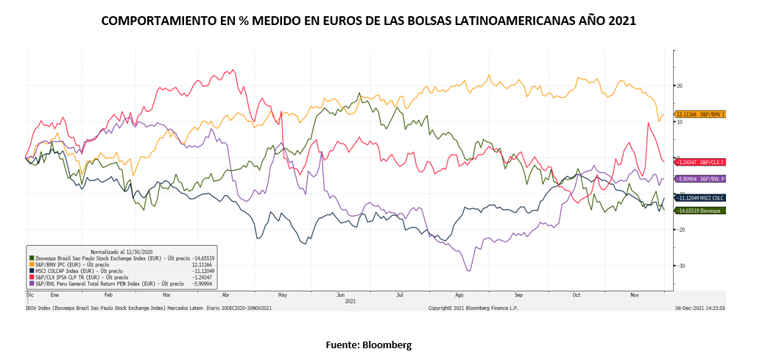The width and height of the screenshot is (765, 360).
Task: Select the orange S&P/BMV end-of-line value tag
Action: (x=699, y=114)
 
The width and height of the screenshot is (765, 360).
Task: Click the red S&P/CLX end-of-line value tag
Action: (x=699, y=161)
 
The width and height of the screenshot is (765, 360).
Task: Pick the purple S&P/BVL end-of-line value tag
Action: (x=699, y=179)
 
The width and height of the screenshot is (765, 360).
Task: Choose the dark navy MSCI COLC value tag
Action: (x=699, y=198)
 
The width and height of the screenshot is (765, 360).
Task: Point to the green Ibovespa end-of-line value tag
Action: (x=699, y=211)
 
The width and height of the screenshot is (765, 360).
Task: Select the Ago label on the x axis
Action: (x=459, y=294)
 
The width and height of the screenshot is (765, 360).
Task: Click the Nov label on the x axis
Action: (x=634, y=294)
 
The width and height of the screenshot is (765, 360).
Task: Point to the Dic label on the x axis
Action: (x=29, y=294)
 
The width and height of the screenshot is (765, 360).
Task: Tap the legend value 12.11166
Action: (x=203, y=265)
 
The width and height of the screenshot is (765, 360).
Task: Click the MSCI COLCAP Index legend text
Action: (x=59, y=271)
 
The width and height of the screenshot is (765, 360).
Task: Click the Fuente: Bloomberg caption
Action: (x=369, y=345)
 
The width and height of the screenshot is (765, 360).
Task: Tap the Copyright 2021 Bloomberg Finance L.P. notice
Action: (x=473, y=308)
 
